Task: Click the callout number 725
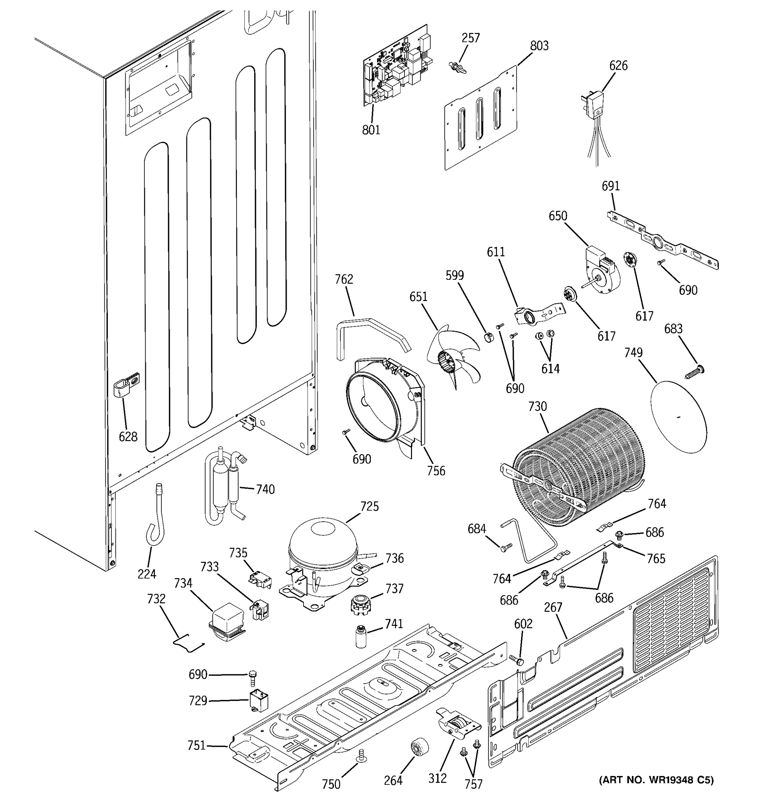[369, 506]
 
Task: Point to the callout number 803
[539, 46]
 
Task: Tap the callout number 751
[196, 746]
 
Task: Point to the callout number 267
[553, 607]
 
